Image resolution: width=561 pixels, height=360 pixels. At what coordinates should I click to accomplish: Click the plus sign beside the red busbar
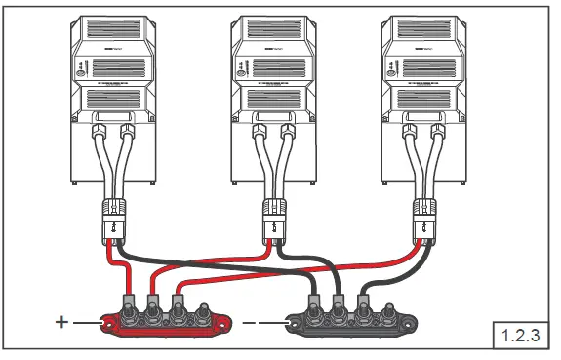(63, 320)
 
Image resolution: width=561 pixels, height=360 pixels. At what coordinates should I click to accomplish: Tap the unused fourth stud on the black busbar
(387, 315)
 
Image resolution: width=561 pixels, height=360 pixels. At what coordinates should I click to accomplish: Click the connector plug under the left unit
(114, 217)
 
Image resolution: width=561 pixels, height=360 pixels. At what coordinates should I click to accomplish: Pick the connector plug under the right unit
(425, 217)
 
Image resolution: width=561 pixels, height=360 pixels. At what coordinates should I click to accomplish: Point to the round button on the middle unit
(240, 69)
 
